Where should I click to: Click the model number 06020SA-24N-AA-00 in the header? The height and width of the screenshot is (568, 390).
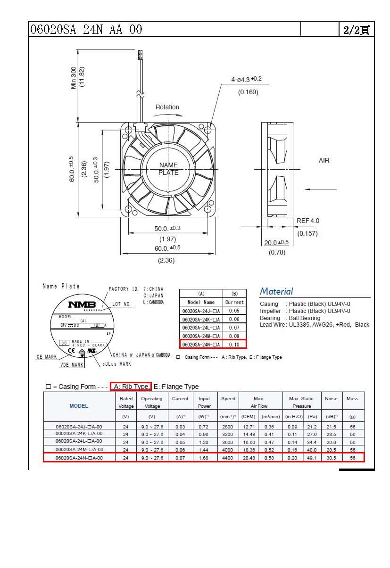pos(86,29)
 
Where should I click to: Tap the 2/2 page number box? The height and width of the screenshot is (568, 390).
pos(356,30)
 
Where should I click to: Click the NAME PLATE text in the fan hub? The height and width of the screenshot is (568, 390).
pos(168,169)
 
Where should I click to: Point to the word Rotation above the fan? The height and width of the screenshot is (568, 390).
pos(167,107)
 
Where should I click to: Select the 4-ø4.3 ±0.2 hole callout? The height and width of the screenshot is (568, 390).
pos(246,79)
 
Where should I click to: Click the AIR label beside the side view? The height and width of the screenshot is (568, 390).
pos(324,161)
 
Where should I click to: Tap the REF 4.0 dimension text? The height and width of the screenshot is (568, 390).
pos(307,221)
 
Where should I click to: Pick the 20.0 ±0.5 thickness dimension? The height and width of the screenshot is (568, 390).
pos(276,243)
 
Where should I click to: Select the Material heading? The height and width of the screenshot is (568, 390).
pos(276,291)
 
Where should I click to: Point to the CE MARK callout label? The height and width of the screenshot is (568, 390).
pos(47,357)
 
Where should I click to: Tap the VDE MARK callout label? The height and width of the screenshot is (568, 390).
pos(72,365)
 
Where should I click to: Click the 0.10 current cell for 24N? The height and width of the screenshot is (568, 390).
pos(234,345)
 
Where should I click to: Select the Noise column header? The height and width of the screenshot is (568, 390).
pos(331,399)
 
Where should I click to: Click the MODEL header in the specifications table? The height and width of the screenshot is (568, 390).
pos(79,406)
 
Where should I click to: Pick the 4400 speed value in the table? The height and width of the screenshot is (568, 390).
pos(228,458)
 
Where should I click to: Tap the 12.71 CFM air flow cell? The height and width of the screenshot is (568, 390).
pos(248,427)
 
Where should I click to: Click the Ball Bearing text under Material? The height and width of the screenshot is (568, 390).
pos(304,318)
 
